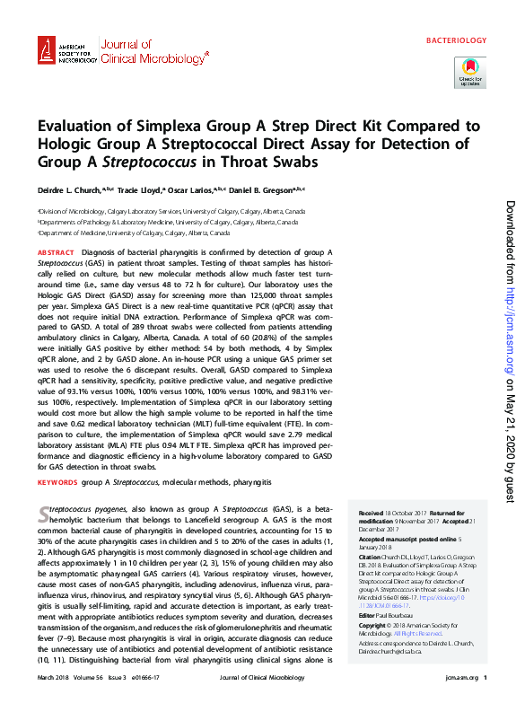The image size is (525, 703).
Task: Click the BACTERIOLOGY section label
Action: tap(456, 40)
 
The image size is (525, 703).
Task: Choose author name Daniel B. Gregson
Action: tap(267, 190)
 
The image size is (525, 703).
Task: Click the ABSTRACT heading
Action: tap(57, 254)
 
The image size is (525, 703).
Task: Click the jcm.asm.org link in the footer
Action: tap(458, 678)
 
